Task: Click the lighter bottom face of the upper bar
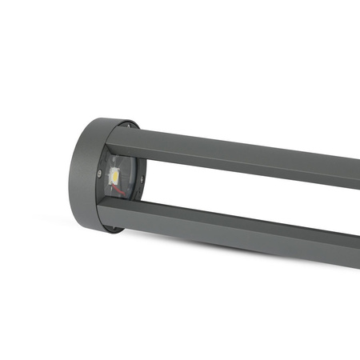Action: [240, 171]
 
